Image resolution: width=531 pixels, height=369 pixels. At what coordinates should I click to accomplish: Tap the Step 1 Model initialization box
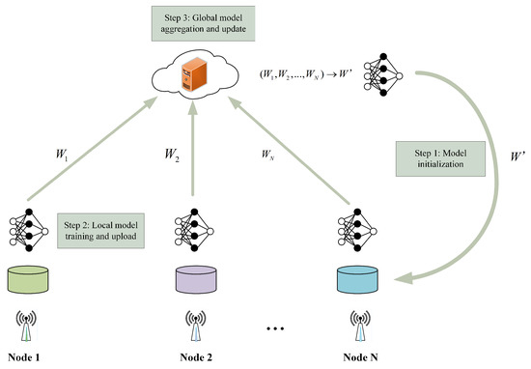pyautogui.click(x=428, y=156)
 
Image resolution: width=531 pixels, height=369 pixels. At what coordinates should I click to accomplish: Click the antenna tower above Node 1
pyautogui.click(x=29, y=325)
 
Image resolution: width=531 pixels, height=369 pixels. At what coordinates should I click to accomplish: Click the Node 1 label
pyautogui.click(x=30, y=357)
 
